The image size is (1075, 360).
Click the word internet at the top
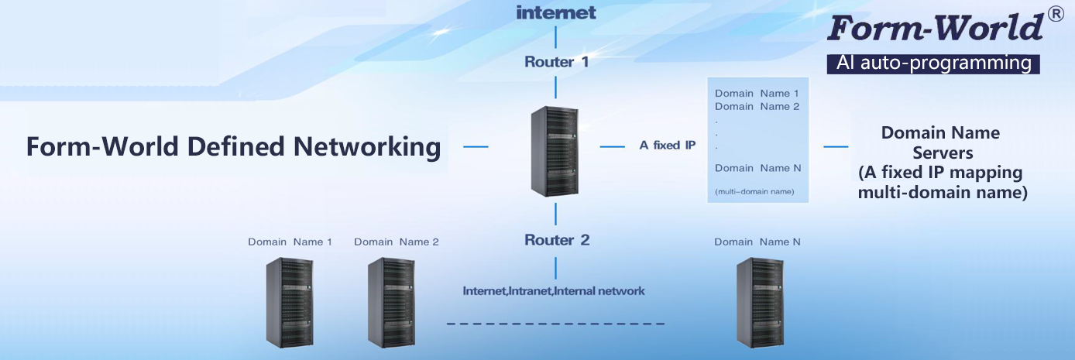click(555, 12)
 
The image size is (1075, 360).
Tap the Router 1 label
click(556, 62)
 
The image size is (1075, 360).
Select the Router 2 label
click(556, 240)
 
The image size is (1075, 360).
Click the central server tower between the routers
click(555, 152)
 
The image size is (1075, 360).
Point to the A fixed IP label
click(667, 145)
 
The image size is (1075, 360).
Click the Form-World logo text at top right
click(934, 29)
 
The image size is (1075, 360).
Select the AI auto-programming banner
click(933, 63)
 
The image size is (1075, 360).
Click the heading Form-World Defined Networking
click(233, 146)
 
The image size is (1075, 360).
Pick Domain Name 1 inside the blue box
click(757, 93)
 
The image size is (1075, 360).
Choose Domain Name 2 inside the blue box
click(757, 106)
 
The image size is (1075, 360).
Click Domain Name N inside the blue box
click(757, 168)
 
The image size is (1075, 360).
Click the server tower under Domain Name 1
click(290, 301)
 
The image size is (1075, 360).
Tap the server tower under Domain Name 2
click(390, 301)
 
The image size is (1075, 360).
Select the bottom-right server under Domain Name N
click(759, 301)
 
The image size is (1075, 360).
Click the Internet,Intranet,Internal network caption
click(554, 291)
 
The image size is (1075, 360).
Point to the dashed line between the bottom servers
click(555, 323)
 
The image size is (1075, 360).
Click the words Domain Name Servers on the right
click(941, 142)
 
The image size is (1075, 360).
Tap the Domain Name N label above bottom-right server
click(757, 242)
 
